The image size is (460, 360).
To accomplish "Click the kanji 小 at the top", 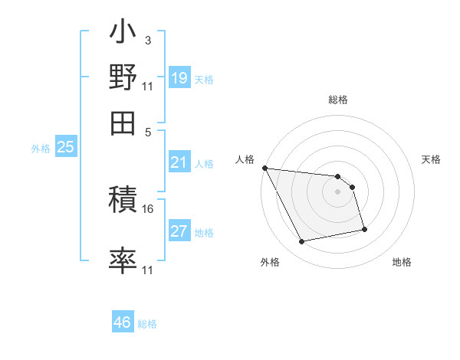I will click(x=123, y=34).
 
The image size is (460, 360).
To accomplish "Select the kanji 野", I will click(x=123, y=77).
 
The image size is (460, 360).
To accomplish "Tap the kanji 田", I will click(x=123, y=121).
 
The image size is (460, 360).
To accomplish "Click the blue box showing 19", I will click(x=179, y=77).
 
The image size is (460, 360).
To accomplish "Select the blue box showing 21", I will click(x=179, y=162).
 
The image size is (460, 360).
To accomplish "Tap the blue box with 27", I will click(x=179, y=231).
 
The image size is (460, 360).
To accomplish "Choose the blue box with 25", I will click(x=65, y=147).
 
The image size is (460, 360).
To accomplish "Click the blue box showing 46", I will click(x=122, y=322).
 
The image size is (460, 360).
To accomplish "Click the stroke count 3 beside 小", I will click(x=147, y=39).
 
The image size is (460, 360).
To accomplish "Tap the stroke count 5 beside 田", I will click(x=147, y=131).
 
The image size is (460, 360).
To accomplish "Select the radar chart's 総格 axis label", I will click(x=338, y=100).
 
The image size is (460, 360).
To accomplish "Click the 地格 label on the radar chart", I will click(x=402, y=262).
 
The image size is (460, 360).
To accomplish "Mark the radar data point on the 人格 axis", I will click(x=264, y=168).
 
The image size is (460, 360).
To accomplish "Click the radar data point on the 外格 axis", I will click(x=302, y=242).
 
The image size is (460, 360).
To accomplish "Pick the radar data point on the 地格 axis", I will click(x=364, y=229).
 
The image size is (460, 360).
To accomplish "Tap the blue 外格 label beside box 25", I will click(x=40, y=149).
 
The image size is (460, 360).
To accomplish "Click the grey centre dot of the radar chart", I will click(x=338, y=191).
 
